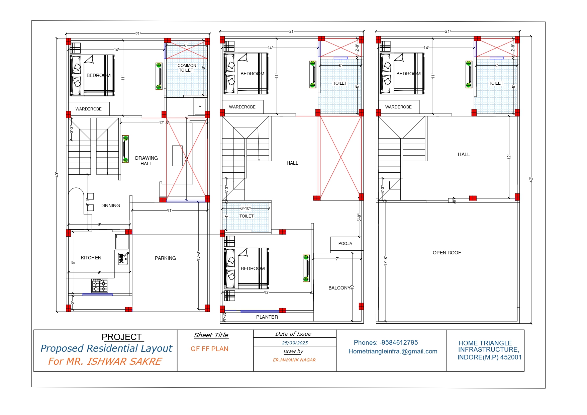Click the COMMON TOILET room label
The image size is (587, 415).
pos(187,68)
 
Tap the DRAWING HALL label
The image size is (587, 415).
pos(146,161)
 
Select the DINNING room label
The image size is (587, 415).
pos(110,205)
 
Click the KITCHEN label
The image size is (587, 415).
pos(91,258)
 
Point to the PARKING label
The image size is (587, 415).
pos(165,258)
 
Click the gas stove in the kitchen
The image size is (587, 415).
pos(100,285)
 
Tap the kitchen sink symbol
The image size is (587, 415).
pos(123,258)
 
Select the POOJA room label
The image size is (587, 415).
pos(345,244)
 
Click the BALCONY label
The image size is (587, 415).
pos(339,288)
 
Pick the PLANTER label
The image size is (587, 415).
pos(267,317)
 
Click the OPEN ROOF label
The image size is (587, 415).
pos(447,253)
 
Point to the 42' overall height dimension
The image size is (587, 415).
pos(531,180)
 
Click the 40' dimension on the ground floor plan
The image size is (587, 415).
pos(57,175)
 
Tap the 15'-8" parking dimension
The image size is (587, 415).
pos(198,256)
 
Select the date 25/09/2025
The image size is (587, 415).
pos(295,343)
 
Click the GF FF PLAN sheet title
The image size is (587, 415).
pos(209,349)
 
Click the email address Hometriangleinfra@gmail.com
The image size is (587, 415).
pos(393,351)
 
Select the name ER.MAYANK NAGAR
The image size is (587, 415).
pos(294,360)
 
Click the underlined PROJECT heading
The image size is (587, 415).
pos(122,337)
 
